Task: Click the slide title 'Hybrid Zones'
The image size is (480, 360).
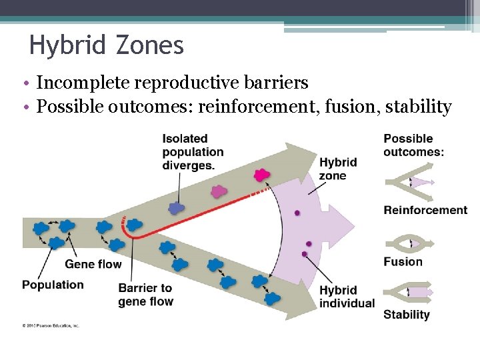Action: coord(107,45)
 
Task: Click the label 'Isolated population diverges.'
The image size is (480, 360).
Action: coord(193,152)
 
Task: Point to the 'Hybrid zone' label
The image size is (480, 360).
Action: coord(337,169)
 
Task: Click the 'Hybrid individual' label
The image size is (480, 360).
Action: coord(346,297)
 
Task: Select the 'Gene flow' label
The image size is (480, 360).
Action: coord(93,264)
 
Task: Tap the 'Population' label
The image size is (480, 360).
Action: coord(53,285)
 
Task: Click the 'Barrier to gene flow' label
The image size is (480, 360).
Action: coord(145,295)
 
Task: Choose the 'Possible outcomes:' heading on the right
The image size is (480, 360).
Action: coord(413,145)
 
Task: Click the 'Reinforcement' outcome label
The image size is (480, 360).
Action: coord(425,210)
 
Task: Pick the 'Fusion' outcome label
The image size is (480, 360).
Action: coord(403,261)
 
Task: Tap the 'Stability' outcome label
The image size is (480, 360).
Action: coord(406,314)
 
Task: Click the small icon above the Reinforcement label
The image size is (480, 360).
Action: coord(409,182)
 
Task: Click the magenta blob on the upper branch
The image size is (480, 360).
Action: coord(261,175)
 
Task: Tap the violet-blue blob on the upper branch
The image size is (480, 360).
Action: coord(176,207)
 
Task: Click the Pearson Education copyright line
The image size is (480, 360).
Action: coord(51,325)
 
